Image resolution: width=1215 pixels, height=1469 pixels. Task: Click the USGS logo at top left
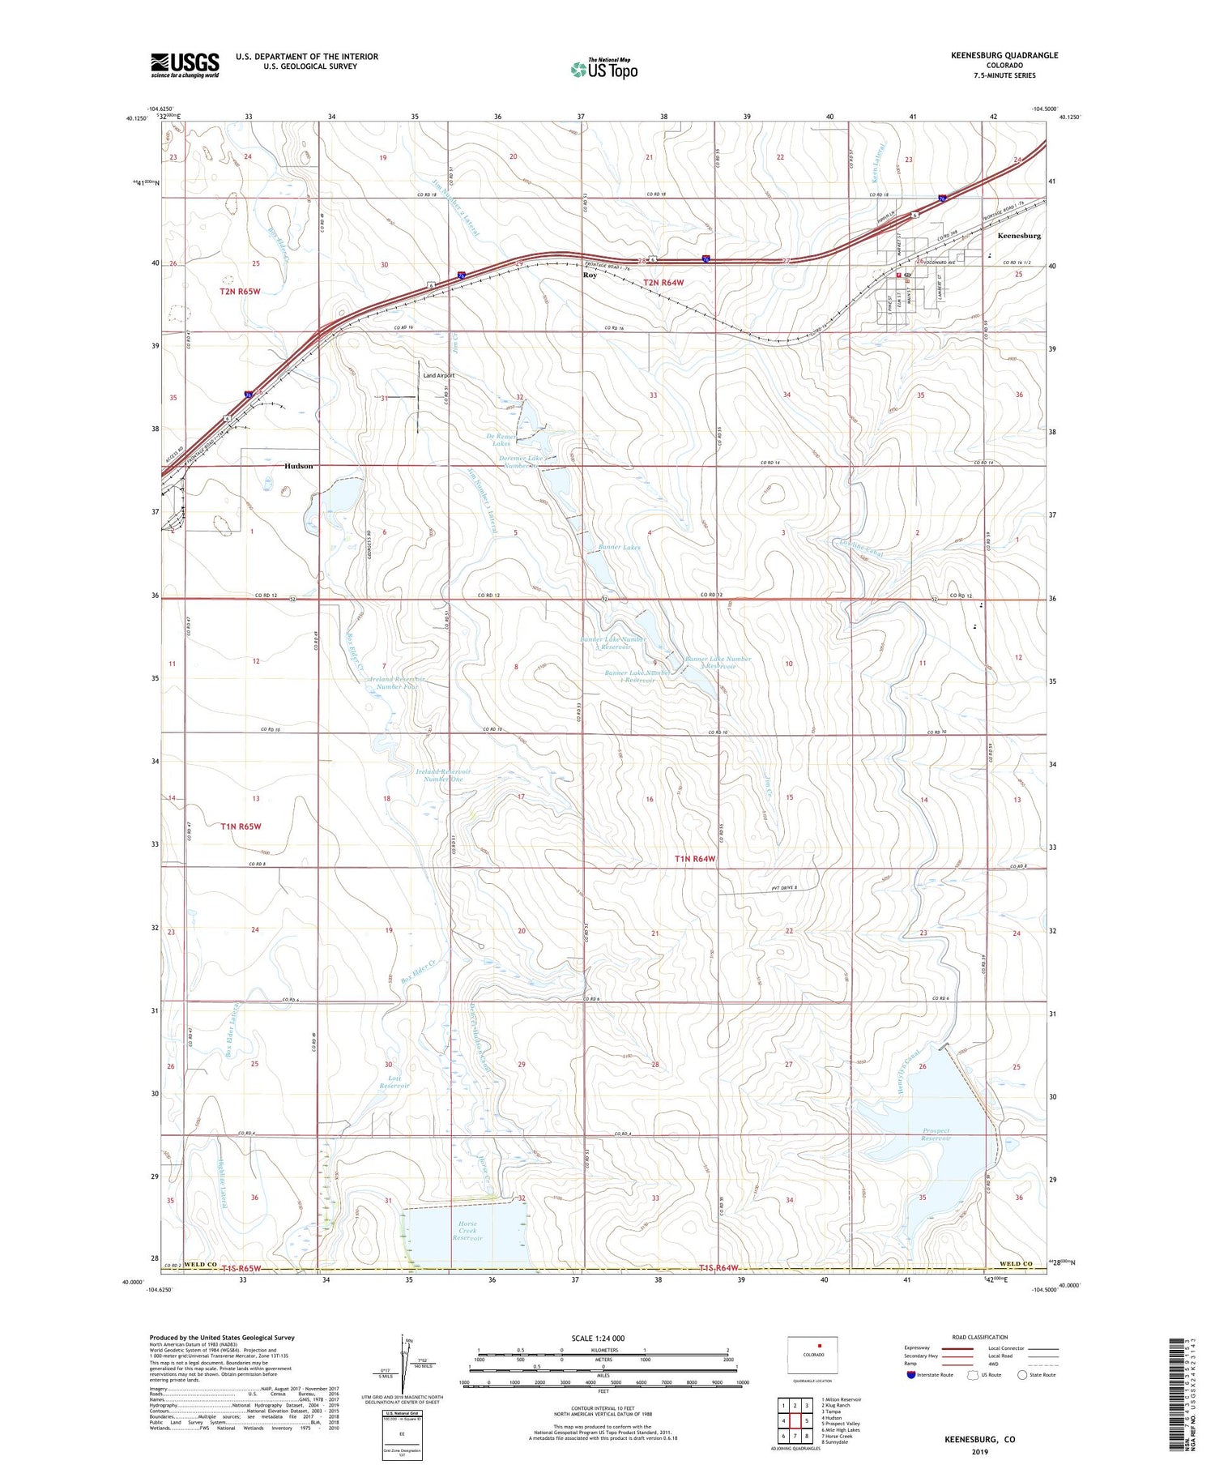click(x=185, y=65)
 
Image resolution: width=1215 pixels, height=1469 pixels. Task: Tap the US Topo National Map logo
click(x=604, y=69)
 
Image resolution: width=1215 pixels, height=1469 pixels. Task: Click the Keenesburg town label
click(x=1019, y=236)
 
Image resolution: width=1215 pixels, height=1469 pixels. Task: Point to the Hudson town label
click(x=298, y=467)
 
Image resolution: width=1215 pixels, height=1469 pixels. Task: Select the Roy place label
click(x=590, y=275)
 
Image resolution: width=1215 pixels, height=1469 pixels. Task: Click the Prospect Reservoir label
click(x=936, y=1134)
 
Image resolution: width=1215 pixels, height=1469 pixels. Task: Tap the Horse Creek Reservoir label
click(x=467, y=1231)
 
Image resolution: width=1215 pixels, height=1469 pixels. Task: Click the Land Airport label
click(x=438, y=376)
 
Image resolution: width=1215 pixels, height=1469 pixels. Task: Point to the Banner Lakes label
click(x=620, y=548)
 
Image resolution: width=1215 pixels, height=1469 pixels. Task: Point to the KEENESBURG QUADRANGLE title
click(x=1004, y=55)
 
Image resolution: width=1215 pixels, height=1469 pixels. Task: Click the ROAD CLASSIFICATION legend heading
click(x=980, y=1337)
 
